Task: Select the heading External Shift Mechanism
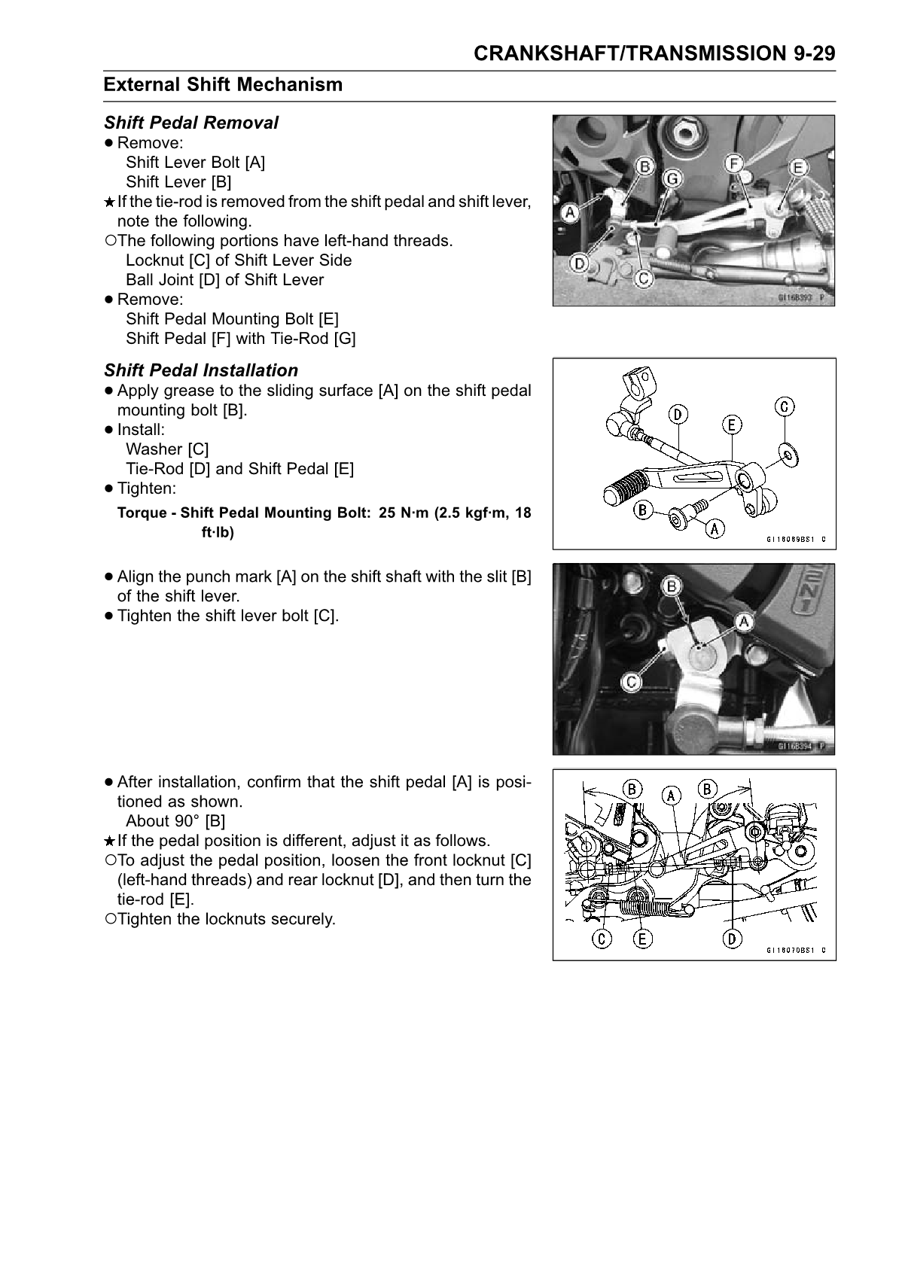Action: (223, 84)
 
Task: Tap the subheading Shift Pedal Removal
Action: (191, 123)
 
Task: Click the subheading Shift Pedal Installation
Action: (201, 370)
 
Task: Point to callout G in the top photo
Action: (672, 178)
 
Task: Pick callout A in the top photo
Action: (569, 213)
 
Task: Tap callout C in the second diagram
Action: (785, 406)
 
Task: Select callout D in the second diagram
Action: (678, 413)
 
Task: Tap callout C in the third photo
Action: (631, 682)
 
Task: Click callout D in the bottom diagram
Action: (732, 939)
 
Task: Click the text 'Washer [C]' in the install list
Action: (167, 449)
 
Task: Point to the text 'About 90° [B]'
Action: (175, 821)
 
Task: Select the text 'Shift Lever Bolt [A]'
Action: (196, 163)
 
